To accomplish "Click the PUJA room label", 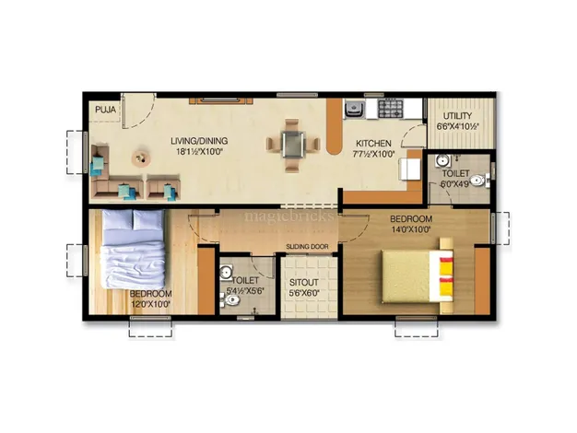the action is tap(106, 110).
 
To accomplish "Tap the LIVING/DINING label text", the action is tap(199, 141).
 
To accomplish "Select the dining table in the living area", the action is tap(293, 145).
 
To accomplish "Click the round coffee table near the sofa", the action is tap(141, 158).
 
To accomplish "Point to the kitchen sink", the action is tap(354, 109).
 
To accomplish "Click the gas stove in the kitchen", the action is tap(391, 108).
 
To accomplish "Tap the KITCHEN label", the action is tap(373, 144).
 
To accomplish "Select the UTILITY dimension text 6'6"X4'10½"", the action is tap(457, 126).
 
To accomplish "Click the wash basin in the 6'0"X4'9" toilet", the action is tap(442, 161).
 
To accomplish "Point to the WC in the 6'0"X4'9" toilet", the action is tap(479, 181).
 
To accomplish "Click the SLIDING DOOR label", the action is tap(307, 247).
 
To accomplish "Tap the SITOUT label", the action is tap(304, 283).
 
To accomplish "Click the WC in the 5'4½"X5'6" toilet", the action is tap(230, 300).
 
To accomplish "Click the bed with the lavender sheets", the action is tap(133, 249).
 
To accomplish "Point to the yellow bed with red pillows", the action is tap(417, 275).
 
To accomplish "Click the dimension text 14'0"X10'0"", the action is tap(411, 229).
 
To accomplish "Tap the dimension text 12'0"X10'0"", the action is tap(150, 304).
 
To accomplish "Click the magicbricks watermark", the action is tap(288, 216).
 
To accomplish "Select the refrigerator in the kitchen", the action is tap(410, 170).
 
